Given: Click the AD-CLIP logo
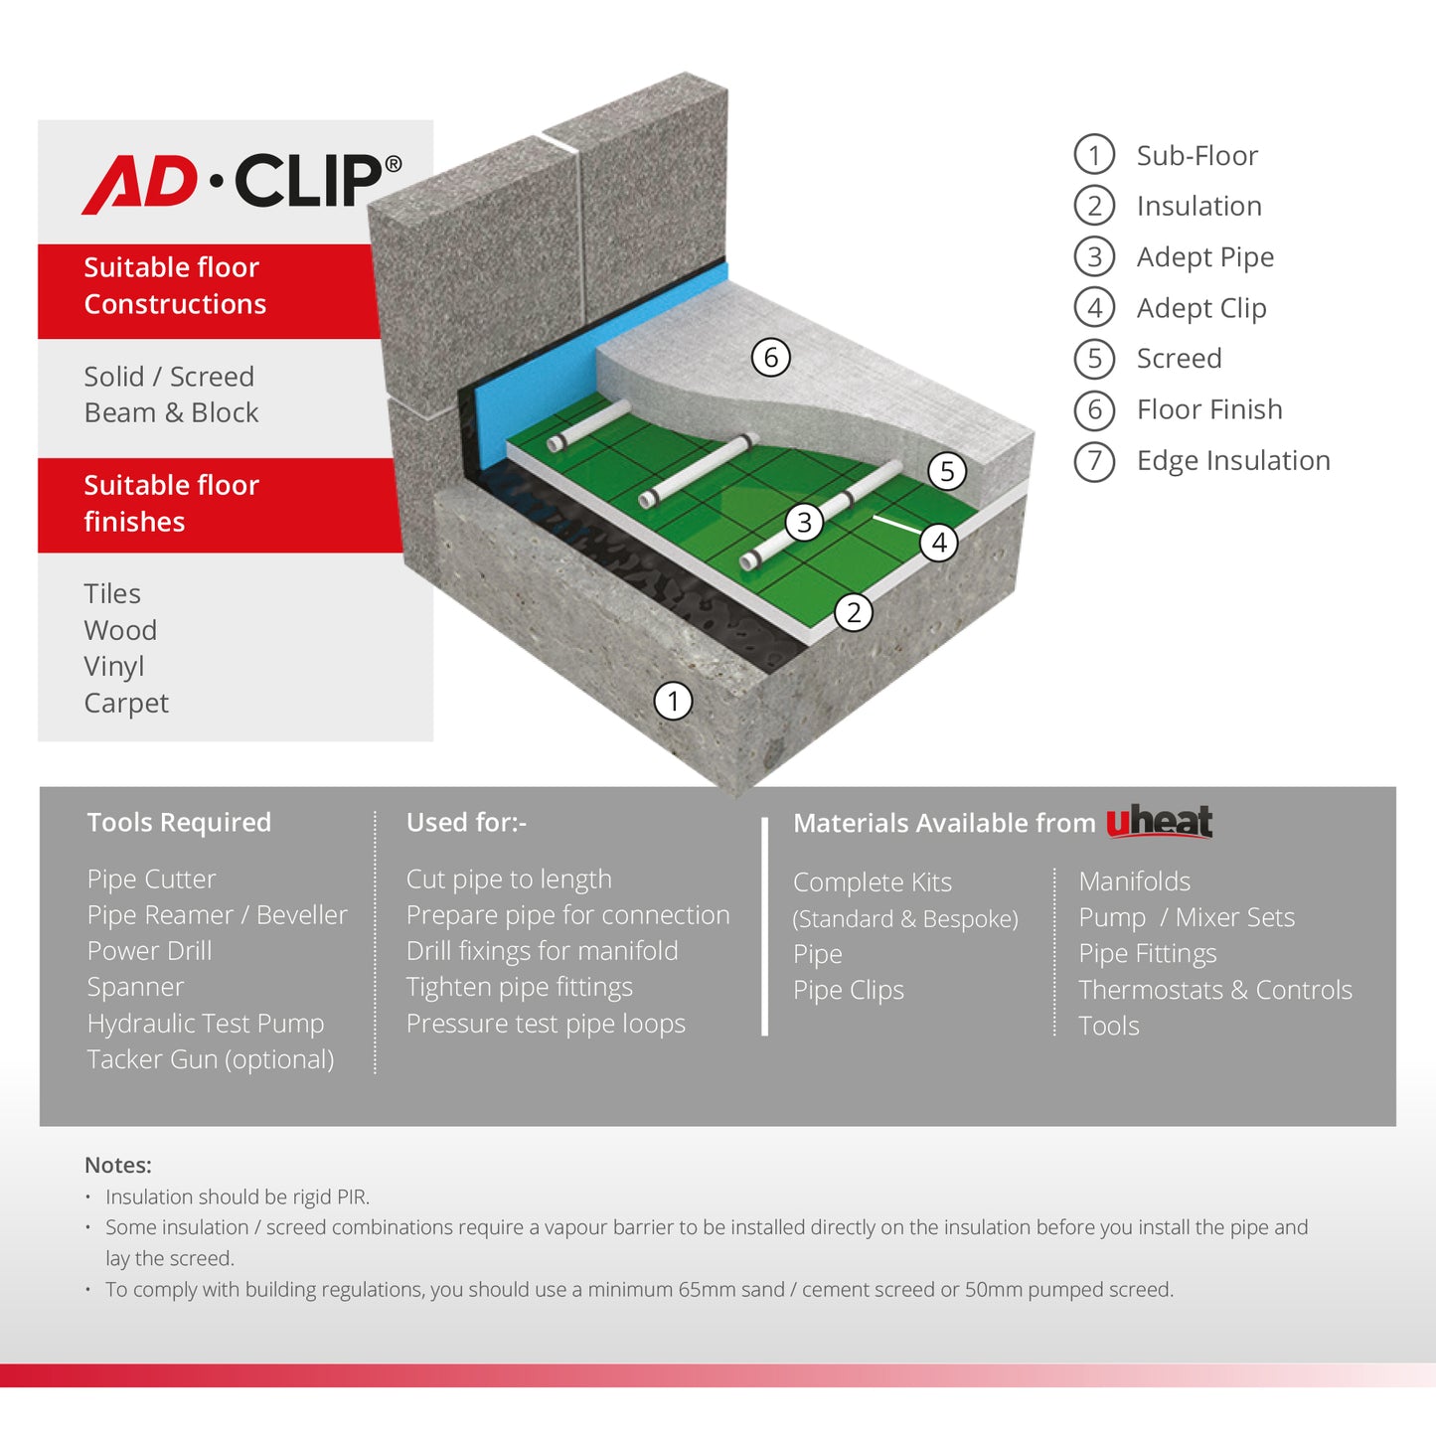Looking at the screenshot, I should (x=241, y=182).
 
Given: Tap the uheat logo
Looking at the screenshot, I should (x=1159, y=821).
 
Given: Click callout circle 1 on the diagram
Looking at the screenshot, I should (x=673, y=701).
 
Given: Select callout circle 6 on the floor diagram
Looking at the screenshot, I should (x=770, y=357).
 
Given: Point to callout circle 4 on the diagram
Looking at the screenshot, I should (x=938, y=543).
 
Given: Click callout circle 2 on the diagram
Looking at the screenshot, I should (x=853, y=612).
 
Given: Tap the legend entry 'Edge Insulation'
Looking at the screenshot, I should (x=1232, y=461).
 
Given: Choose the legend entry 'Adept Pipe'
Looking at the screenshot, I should (x=1204, y=257).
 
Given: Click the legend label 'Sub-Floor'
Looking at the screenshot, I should (x=1197, y=156).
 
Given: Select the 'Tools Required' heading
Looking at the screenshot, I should (x=179, y=823).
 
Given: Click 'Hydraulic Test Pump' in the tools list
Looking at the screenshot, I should (x=206, y=1024).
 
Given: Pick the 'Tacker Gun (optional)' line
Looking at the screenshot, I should (x=211, y=1059).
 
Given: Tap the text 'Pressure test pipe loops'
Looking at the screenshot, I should (x=546, y=1024).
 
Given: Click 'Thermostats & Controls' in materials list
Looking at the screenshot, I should (x=1215, y=990).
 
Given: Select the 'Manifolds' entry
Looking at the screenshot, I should (x=1134, y=881).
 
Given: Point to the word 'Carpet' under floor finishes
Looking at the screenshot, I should (x=126, y=704).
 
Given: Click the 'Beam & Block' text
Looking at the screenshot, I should (x=171, y=412).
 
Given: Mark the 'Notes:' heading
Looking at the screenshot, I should (x=118, y=1165).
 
